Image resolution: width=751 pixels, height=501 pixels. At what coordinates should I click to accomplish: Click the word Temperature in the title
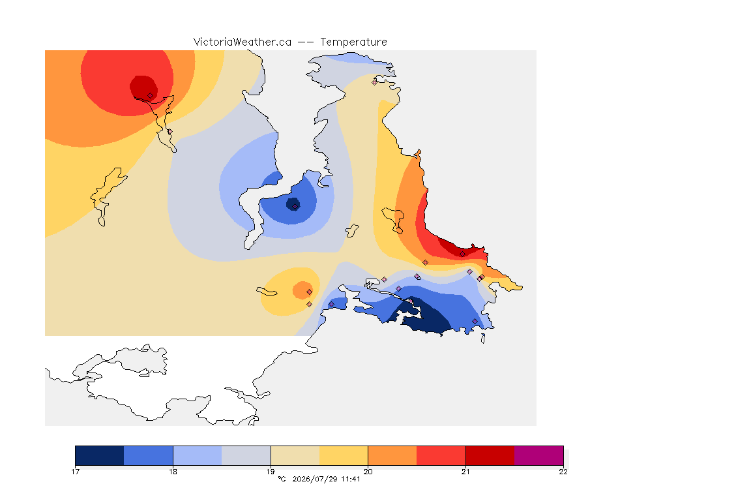coord(353,42)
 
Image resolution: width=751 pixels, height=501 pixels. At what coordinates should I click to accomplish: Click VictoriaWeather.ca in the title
coord(243,42)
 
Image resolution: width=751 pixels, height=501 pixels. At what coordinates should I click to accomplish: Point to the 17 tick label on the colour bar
coord(75,472)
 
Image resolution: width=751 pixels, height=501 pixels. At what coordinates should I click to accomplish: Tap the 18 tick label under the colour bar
coord(173,472)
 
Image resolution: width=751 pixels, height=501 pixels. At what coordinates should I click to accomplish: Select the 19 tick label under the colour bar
coord(271,472)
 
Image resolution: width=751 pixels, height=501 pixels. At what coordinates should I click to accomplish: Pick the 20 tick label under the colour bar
coord(368,472)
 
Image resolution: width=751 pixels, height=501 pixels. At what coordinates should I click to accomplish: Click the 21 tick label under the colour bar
coord(465,472)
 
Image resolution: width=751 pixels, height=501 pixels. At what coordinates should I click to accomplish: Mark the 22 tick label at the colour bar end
coord(563,472)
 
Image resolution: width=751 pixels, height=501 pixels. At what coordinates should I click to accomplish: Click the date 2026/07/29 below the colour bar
coord(315,479)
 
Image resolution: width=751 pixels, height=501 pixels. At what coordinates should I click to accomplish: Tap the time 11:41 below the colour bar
coord(351,479)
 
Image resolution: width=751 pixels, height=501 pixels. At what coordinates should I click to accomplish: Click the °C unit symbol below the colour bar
coord(282,479)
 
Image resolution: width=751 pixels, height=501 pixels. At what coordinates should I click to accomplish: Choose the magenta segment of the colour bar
coord(539,455)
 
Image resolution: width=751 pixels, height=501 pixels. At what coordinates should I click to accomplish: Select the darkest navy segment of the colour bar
coord(100,455)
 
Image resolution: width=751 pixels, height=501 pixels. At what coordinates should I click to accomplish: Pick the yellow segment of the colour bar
coord(344,455)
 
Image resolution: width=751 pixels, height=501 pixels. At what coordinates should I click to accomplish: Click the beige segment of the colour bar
coord(295,455)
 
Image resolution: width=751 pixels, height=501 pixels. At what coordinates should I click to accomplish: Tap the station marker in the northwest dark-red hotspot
coord(150,96)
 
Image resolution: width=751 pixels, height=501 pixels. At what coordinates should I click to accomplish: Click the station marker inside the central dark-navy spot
coord(295,207)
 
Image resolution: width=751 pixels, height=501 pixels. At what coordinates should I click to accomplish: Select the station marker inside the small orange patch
coord(310,292)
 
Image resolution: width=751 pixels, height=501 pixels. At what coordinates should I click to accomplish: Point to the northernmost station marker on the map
coord(375,82)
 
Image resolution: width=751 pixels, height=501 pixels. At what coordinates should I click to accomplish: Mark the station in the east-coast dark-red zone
coord(462,254)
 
